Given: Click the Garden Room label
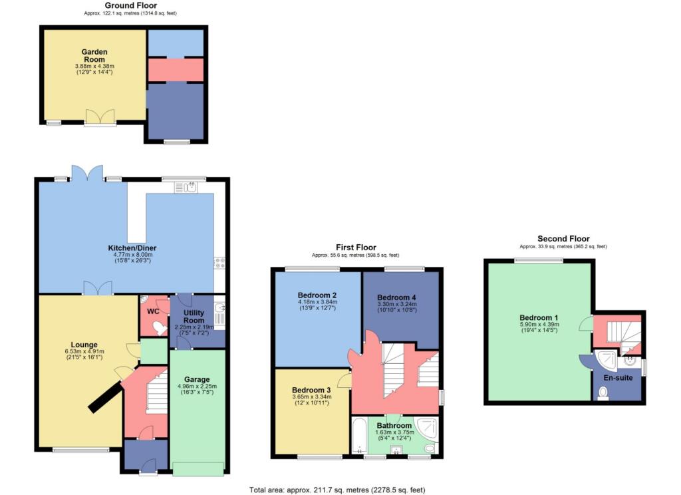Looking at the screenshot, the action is pos(94,56).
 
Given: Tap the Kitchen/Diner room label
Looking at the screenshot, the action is pos(132,248).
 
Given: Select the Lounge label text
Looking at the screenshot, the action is pos(84,345).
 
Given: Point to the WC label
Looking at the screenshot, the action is pos(153,311).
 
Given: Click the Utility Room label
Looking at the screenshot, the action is pos(194,317).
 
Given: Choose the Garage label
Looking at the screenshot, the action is pos(197,379).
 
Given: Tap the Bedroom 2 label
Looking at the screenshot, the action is pos(317,295).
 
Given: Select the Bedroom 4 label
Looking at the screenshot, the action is pos(396,297).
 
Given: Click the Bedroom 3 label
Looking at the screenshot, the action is pos(311,391).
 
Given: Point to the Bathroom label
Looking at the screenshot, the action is pos(394,425).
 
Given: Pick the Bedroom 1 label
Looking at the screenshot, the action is pos(539,317).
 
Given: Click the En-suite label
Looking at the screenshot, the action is pos(618,378).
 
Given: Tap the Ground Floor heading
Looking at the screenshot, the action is pos(131,5).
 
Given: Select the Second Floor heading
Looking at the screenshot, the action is pos(563,239).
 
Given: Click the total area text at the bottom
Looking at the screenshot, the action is pos(337,490).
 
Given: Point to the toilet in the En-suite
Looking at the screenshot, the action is pos(603,393).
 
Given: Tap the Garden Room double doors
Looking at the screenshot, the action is pos(100,117).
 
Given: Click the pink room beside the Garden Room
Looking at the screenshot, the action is pos(176,70).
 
